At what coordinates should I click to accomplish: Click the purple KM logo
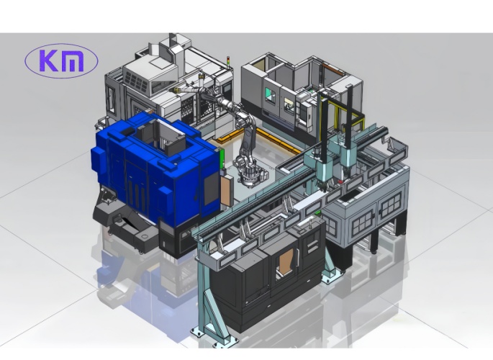coord(61,60)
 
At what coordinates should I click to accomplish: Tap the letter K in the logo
coord(49,60)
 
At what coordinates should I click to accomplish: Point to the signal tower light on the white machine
coord(229,60)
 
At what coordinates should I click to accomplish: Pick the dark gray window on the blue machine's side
coord(212,188)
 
